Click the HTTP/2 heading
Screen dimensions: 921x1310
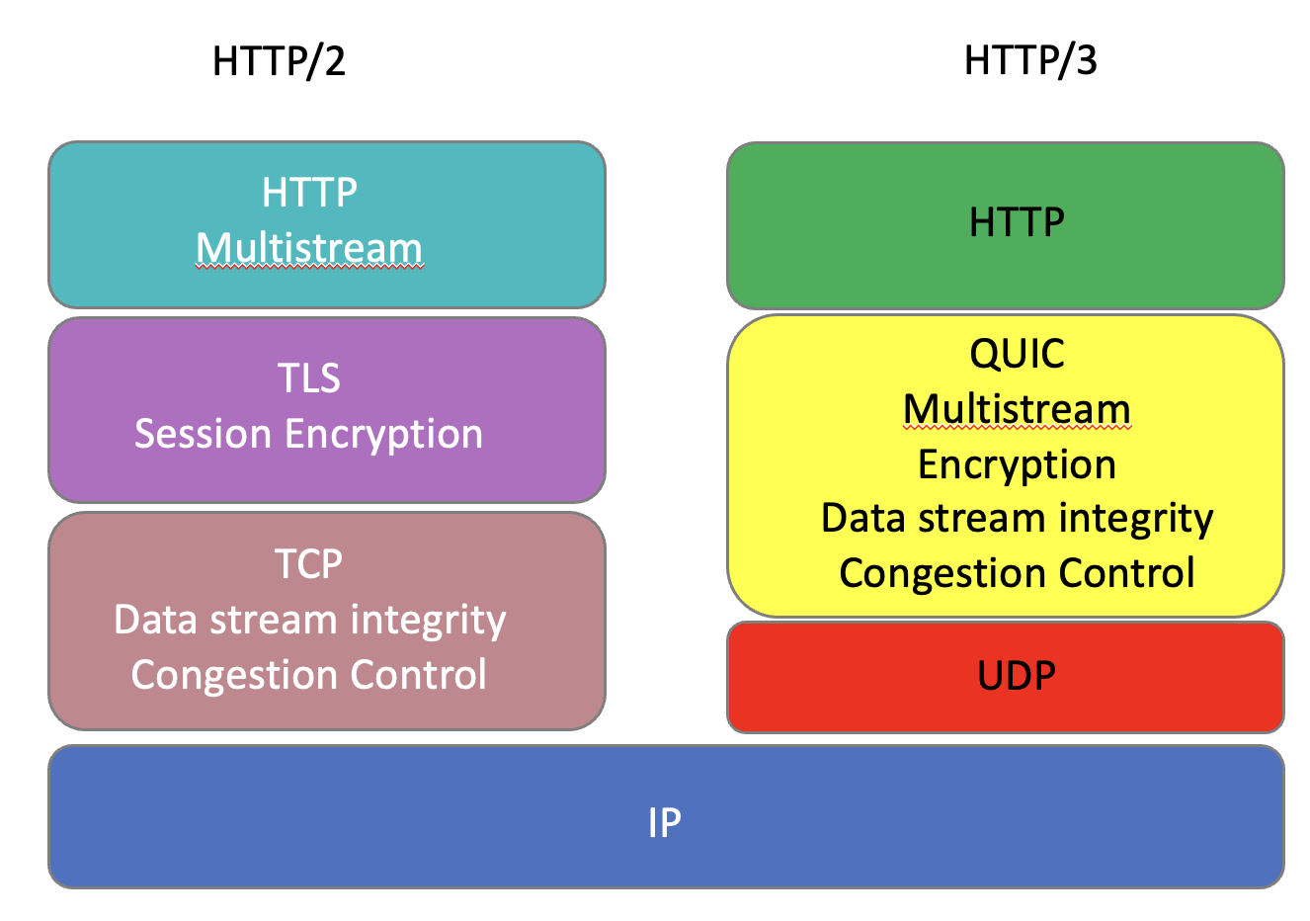(279, 61)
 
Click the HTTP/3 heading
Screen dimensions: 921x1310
(1029, 61)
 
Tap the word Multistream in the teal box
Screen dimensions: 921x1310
(309, 248)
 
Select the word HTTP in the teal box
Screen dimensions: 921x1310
(309, 193)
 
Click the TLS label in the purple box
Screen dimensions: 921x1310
(309, 378)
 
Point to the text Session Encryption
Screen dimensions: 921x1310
(309, 434)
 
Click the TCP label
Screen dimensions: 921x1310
(309, 564)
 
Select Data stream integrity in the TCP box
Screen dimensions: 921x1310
(309, 620)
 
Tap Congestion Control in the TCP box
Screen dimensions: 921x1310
(309, 675)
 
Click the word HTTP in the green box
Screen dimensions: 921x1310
(1017, 223)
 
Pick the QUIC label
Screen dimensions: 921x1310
(1017, 354)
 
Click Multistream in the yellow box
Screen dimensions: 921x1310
(1017, 409)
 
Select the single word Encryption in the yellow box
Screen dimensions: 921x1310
(1017, 464)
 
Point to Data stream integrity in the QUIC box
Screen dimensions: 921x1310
(1017, 519)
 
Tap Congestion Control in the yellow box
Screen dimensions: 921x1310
(1017, 573)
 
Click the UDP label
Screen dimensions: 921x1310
(1017, 676)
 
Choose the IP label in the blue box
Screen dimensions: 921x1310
(665, 822)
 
